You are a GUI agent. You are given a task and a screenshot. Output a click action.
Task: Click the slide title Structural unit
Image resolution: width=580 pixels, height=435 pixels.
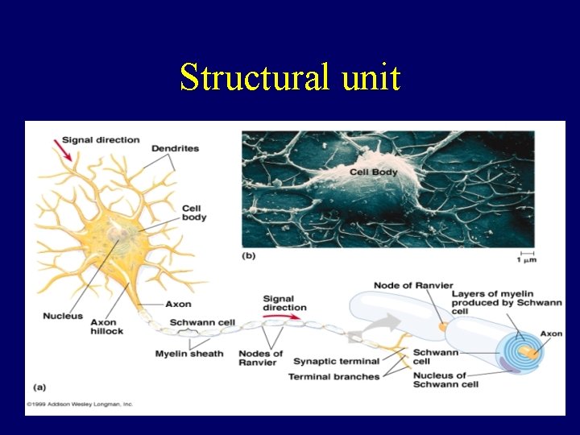pos(290,78)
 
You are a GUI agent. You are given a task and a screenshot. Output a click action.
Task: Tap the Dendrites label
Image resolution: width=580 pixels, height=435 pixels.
pos(175,148)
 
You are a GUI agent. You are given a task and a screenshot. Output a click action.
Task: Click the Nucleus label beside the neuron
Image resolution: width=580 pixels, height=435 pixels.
pos(63,316)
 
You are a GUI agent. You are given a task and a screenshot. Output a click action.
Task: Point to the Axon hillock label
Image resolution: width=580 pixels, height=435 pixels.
pos(106,326)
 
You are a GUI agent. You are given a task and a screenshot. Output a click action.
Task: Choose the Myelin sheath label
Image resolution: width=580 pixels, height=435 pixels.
pos(189,354)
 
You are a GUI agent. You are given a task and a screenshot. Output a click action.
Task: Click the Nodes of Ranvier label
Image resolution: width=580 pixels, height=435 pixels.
pos(260,358)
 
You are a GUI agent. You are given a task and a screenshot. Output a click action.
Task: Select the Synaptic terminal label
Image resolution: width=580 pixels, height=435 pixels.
pos(336,361)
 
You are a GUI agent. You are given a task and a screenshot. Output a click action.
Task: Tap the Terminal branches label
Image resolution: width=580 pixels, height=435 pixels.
pos(333,376)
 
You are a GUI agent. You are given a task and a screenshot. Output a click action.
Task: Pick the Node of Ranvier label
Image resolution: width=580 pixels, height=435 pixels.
pos(412,285)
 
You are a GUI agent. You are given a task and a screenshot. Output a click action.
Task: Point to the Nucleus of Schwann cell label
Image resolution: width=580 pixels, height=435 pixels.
pos(440,379)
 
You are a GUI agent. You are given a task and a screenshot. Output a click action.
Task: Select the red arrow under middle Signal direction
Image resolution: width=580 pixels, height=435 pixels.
pos(288,317)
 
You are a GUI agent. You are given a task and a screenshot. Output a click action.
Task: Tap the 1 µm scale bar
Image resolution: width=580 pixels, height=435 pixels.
pos(525,256)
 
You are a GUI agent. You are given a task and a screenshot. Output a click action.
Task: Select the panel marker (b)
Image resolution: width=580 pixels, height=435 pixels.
pos(250,255)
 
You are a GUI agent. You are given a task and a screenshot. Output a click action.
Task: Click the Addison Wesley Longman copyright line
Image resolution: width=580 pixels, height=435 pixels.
pos(79,404)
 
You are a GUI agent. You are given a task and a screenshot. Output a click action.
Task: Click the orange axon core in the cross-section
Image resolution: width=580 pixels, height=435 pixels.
pos(528,351)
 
